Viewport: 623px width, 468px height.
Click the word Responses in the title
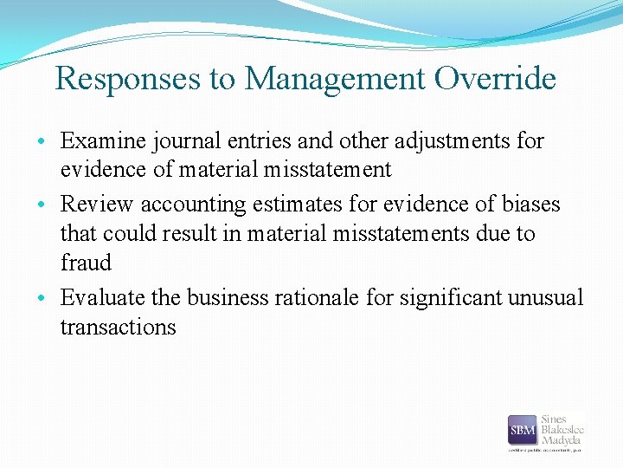[x=129, y=80]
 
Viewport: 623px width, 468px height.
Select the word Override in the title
[x=495, y=80]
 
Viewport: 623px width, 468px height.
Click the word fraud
[x=86, y=263]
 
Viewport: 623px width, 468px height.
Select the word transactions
[x=118, y=327]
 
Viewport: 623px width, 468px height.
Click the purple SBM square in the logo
[x=522, y=430]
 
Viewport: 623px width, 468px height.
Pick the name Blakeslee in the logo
[x=562, y=429]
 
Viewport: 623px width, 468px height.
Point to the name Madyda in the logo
[x=560, y=440]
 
